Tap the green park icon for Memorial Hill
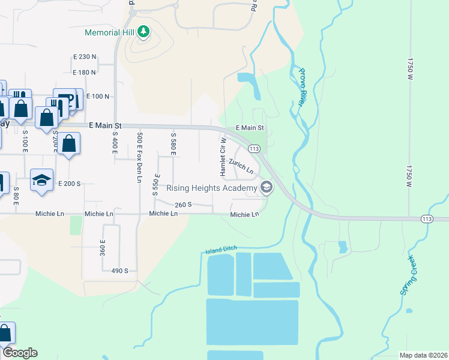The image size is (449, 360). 143,31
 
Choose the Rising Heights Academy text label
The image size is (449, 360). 211,188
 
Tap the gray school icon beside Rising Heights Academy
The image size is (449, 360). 267,188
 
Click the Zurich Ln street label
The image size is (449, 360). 241,167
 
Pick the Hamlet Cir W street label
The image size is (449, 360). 223,157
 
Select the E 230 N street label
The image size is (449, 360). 85,56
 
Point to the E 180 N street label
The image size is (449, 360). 85,73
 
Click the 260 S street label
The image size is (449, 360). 183,205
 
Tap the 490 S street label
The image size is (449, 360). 119,271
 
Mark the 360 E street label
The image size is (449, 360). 103,248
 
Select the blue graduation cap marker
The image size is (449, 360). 41,181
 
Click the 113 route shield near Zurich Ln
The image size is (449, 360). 254,148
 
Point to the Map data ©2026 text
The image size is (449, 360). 423,355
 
